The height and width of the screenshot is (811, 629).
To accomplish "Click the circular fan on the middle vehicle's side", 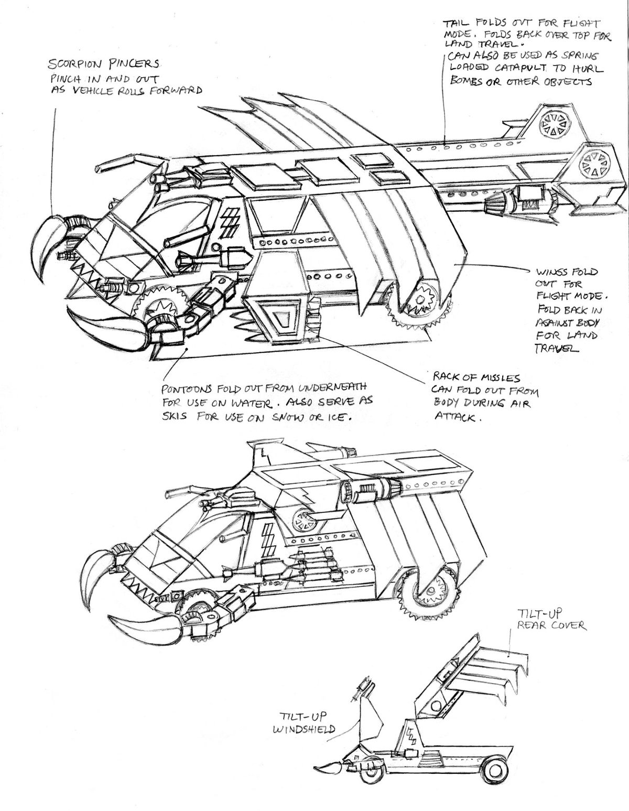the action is [305, 520].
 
